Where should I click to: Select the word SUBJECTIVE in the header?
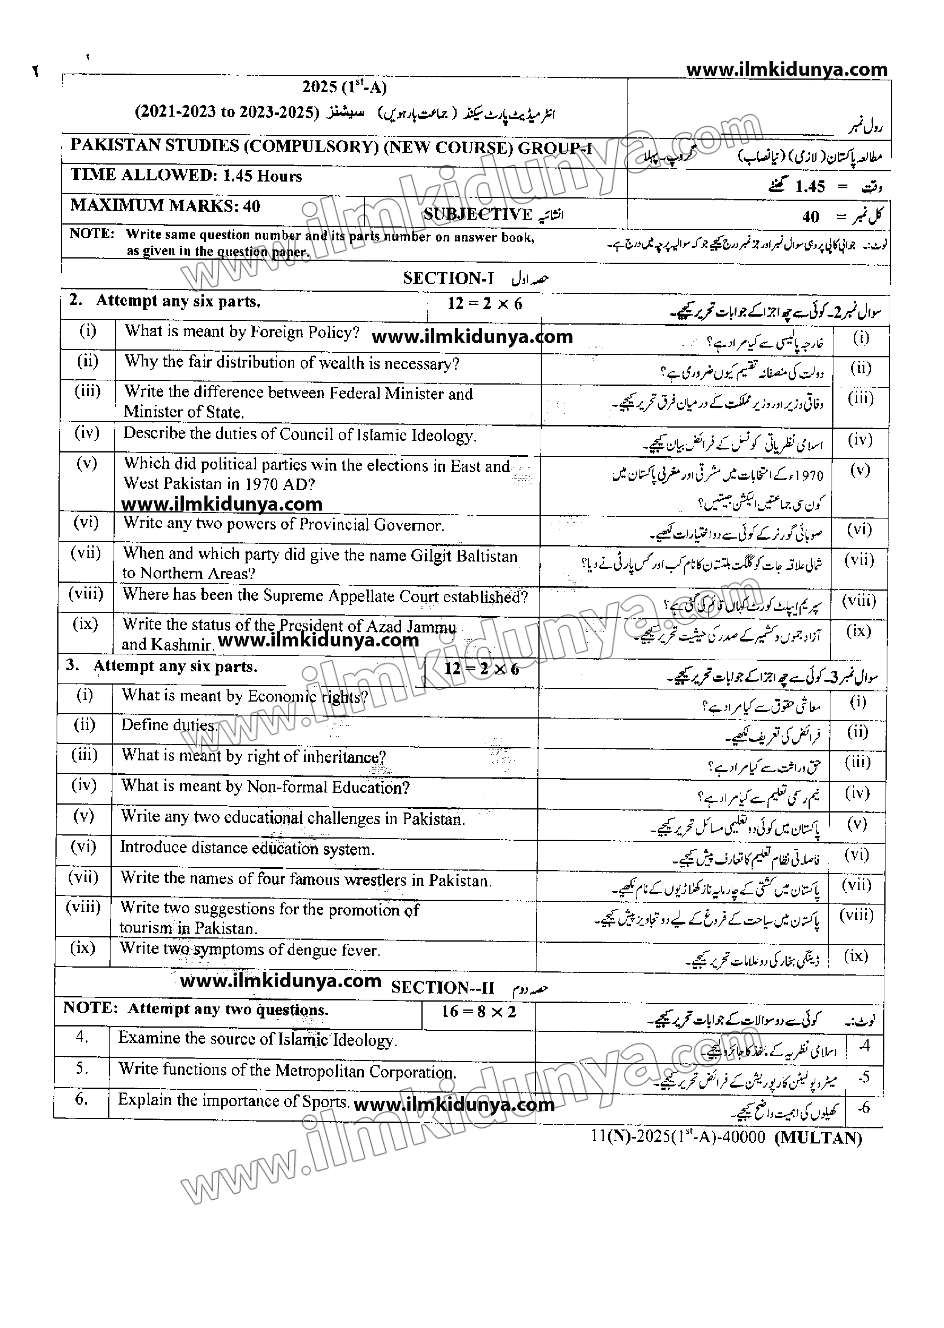[x=477, y=215]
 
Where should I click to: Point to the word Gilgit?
[x=431, y=556]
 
